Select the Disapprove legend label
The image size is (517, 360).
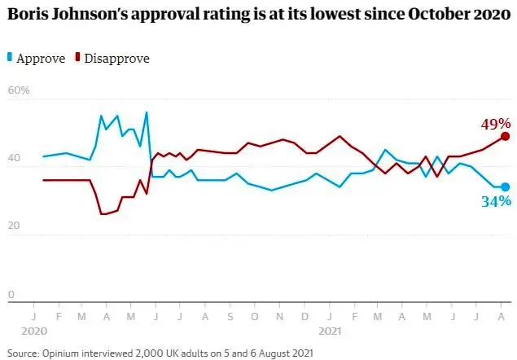(x=116, y=58)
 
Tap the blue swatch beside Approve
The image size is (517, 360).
(x=10, y=57)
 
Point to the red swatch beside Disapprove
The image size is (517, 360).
(x=77, y=57)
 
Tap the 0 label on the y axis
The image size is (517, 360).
(x=11, y=295)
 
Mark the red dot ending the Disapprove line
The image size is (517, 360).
(x=505, y=137)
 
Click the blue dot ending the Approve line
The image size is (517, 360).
(x=505, y=187)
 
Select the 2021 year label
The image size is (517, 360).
(x=329, y=332)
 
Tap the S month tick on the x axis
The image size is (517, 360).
(x=230, y=315)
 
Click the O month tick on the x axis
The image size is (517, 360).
(x=255, y=315)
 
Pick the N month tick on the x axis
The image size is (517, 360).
(x=280, y=315)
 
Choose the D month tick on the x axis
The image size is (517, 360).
(x=305, y=315)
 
